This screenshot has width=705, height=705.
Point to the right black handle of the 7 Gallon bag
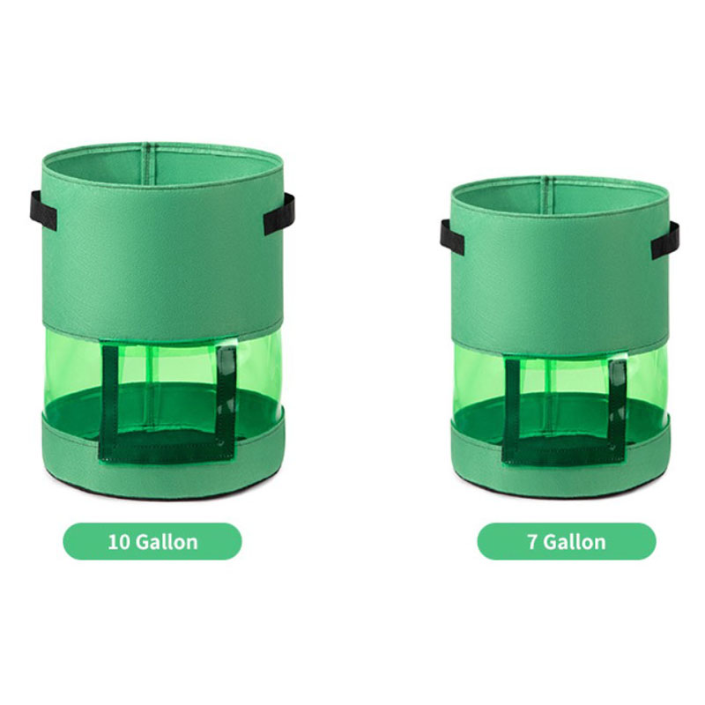[x=665, y=240]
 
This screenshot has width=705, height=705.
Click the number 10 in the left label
[x=119, y=542]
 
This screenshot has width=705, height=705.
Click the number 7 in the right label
[x=532, y=542]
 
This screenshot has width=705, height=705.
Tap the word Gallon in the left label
[x=167, y=542]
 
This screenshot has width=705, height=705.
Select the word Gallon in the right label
[x=575, y=542]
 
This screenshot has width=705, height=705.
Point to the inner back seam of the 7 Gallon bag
[x=545, y=189]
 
